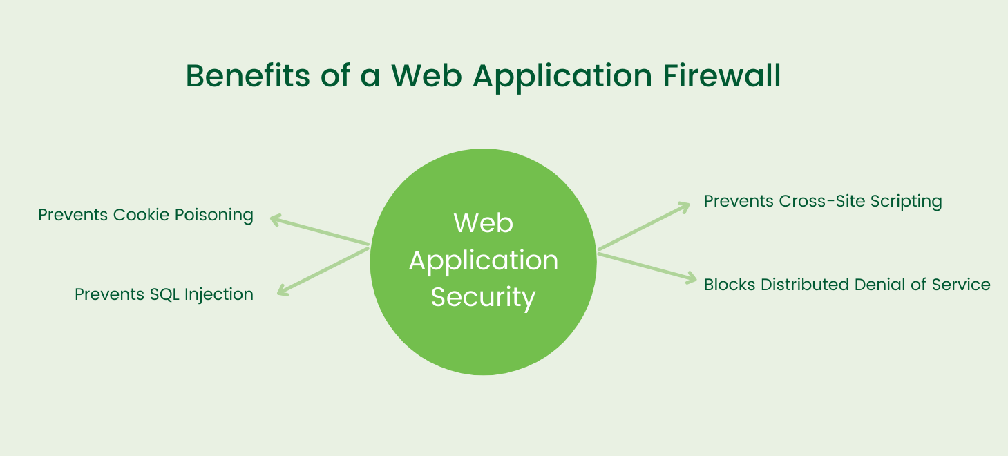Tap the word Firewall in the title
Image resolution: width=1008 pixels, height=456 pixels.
coord(722,75)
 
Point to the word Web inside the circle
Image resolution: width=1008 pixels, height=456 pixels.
coord(483,223)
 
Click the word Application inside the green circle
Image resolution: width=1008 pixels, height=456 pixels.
coord(483,260)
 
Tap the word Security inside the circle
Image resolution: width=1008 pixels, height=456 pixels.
coord(483,297)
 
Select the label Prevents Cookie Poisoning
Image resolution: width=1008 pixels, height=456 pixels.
coord(146,215)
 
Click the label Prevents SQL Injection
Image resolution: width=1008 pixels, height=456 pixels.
coord(164,294)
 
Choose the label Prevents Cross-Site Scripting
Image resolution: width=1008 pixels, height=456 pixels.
coord(823,201)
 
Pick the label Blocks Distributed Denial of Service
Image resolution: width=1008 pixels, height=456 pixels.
coord(847,284)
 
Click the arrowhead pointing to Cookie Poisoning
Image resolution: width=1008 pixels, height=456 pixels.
coord(274,220)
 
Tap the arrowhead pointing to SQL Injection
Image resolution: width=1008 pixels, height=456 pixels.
coord(281,292)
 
